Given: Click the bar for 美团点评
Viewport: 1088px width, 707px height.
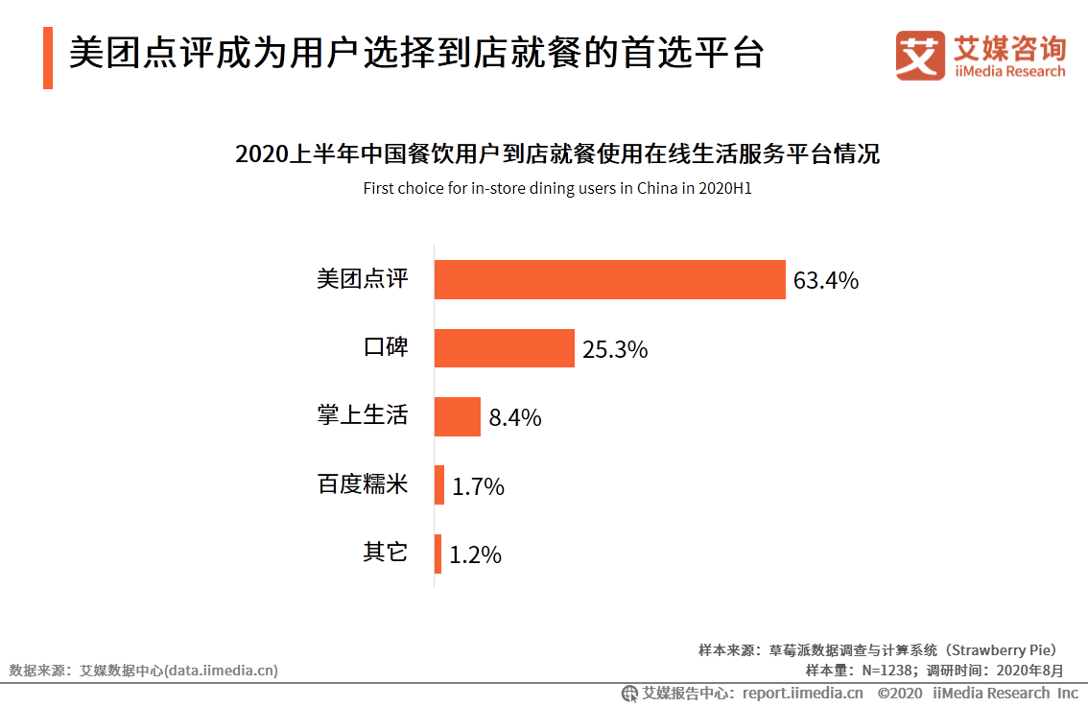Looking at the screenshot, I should [609, 279].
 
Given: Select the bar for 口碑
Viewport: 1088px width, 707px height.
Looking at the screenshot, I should [504, 348].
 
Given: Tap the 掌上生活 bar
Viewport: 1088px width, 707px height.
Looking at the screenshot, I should [457, 416].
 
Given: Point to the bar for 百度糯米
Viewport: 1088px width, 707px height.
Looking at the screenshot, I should [439, 485].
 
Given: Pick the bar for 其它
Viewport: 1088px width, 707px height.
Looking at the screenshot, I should [438, 554].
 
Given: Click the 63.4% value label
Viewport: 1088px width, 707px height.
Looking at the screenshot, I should [825, 281].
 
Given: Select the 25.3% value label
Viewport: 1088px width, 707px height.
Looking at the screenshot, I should [615, 350].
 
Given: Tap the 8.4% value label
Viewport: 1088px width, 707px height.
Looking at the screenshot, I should [515, 418].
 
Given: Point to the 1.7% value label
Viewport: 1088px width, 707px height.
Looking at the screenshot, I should [478, 487].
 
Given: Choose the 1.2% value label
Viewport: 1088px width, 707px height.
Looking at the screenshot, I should [476, 555].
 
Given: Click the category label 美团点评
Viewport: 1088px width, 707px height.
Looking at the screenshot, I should [363, 279].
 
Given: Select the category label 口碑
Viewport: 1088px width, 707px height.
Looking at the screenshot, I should [386, 347].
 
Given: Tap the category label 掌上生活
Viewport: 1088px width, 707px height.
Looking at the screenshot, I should [363, 415].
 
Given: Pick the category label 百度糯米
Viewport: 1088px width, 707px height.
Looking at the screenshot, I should [363, 484].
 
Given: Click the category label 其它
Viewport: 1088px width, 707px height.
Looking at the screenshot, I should [386, 553].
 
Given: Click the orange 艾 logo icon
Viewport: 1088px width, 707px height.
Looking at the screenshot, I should [920, 55].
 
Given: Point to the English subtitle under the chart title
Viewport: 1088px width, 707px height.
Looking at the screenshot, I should [556, 188].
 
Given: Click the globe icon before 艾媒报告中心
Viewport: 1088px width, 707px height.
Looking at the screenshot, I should [629, 693].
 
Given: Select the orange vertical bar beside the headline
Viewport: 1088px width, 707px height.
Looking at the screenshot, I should [48, 58].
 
